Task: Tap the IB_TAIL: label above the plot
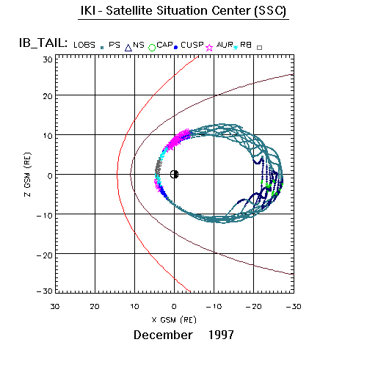tap(43, 43)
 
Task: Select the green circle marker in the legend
tap(152, 48)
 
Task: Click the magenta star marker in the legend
tap(209, 48)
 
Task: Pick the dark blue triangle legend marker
tap(128, 48)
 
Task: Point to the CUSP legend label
tap(192, 45)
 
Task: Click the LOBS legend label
tap(84, 45)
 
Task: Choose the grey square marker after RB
tap(259, 48)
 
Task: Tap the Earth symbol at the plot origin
tap(174, 175)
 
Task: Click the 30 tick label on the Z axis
tap(48, 59)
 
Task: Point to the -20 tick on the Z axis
tap(45, 255)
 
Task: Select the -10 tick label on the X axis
tap(214, 307)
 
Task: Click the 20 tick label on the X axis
tap(95, 307)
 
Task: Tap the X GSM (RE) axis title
tap(174, 320)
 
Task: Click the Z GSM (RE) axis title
tap(28, 175)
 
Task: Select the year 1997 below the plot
tap(221, 335)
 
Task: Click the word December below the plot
tap(163, 335)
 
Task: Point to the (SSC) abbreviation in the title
tap(270, 11)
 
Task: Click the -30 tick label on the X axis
tap(294, 307)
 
